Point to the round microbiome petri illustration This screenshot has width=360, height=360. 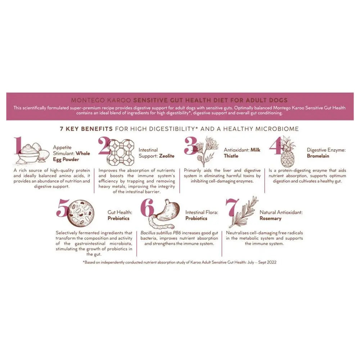point(81,212)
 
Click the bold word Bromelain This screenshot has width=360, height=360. point(318,156)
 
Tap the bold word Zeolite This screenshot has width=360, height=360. point(167,156)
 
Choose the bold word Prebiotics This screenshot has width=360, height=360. point(118,218)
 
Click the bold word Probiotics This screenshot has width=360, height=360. point(196,218)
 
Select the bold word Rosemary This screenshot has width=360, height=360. point(270,218)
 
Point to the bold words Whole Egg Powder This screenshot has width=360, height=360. point(72,156)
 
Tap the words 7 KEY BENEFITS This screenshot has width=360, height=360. point(86,129)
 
